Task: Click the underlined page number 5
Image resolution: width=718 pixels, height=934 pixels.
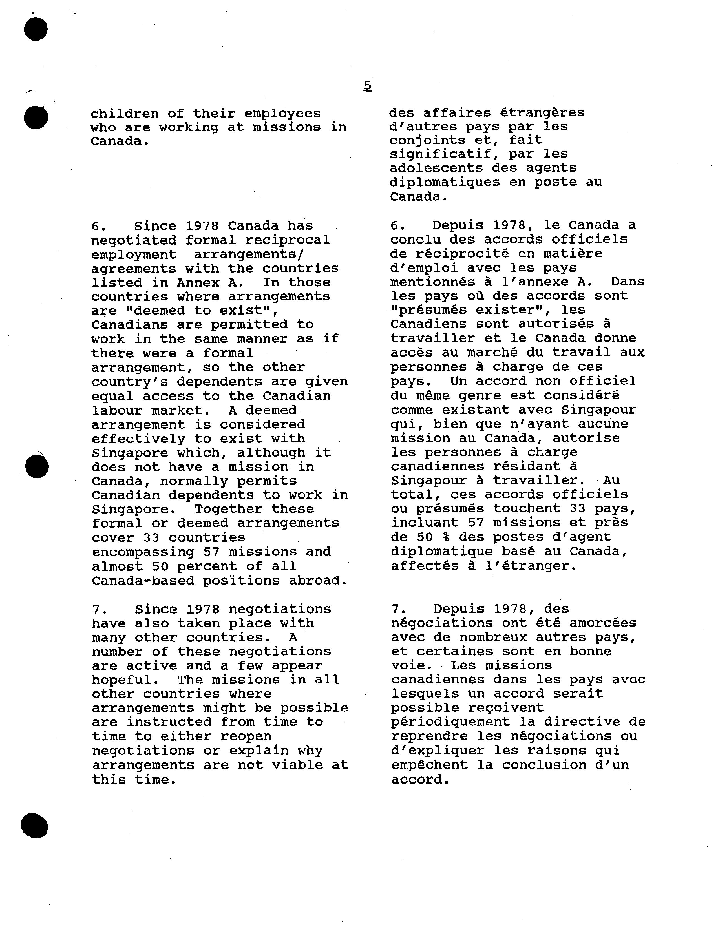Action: pyautogui.click(x=367, y=86)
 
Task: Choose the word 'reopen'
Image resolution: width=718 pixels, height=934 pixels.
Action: pyautogui.click(x=246, y=737)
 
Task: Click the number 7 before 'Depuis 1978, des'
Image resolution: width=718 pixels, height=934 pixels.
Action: pyautogui.click(x=396, y=609)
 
